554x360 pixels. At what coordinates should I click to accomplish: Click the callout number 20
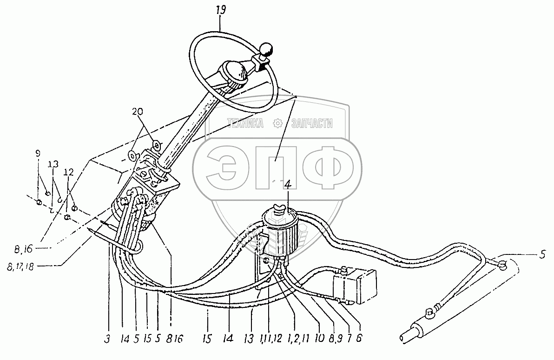(138, 111)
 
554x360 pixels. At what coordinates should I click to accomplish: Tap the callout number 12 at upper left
(68, 173)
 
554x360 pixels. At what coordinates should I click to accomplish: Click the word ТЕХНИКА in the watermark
(245, 123)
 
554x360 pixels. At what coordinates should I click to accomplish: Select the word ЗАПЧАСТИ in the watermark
(311, 123)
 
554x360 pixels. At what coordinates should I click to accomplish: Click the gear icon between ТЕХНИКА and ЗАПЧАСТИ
(277, 123)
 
